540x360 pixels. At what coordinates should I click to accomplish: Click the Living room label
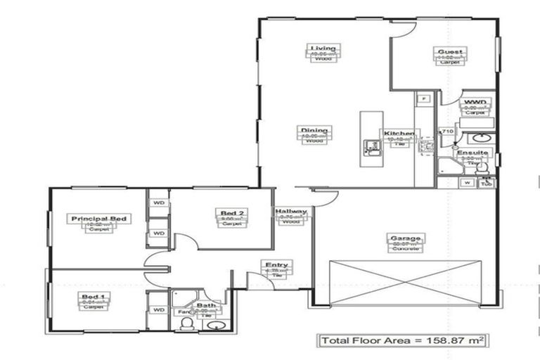click(x=323, y=49)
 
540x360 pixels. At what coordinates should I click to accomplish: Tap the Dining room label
click(x=314, y=130)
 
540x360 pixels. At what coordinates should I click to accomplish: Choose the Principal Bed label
click(x=100, y=219)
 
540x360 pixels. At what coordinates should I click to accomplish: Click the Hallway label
click(x=291, y=212)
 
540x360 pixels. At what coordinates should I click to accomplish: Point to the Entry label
click(x=276, y=265)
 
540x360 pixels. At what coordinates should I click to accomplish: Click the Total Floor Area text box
click(x=403, y=341)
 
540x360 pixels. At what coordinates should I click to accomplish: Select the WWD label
click(x=475, y=103)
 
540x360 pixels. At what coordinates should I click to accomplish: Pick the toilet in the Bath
click(x=186, y=323)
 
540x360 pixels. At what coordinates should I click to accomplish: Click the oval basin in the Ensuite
click(x=482, y=138)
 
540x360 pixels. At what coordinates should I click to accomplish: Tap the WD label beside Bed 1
click(x=159, y=309)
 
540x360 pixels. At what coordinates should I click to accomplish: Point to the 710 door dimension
click(x=446, y=131)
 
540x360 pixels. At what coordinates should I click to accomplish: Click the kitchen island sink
click(x=371, y=147)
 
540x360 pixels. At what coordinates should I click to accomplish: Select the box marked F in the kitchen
click(x=424, y=98)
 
